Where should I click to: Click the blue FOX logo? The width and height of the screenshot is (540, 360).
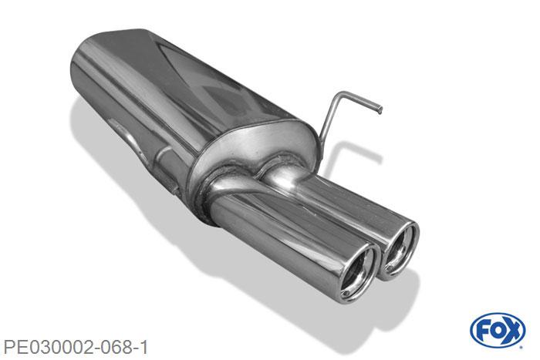pos(498,330)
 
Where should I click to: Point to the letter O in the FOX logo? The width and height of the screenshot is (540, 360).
pos(497,331)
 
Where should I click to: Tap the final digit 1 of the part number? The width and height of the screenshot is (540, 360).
pos(143,348)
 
